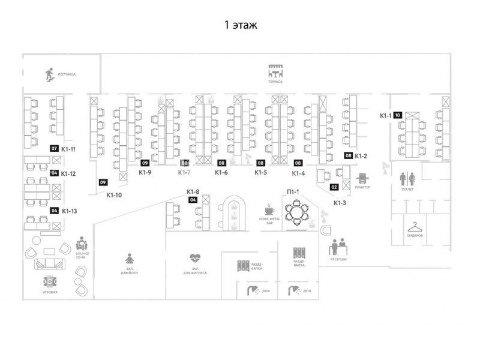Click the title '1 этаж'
(x=240, y=25)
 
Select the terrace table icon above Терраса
(x=275, y=71)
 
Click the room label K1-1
(x=385, y=115)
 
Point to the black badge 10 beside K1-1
(x=397, y=115)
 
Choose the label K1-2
(x=361, y=156)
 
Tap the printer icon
(x=363, y=179)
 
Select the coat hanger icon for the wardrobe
(x=415, y=227)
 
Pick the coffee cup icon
(x=269, y=210)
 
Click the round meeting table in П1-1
(x=296, y=212)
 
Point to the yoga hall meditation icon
(x=129, y=259)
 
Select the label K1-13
(x=69, y=211)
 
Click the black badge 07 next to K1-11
(x=54, y=148)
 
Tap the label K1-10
(x=114, y=194)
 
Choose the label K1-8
(x=193, y=192)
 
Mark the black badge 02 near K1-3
(x=334, y=187)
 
